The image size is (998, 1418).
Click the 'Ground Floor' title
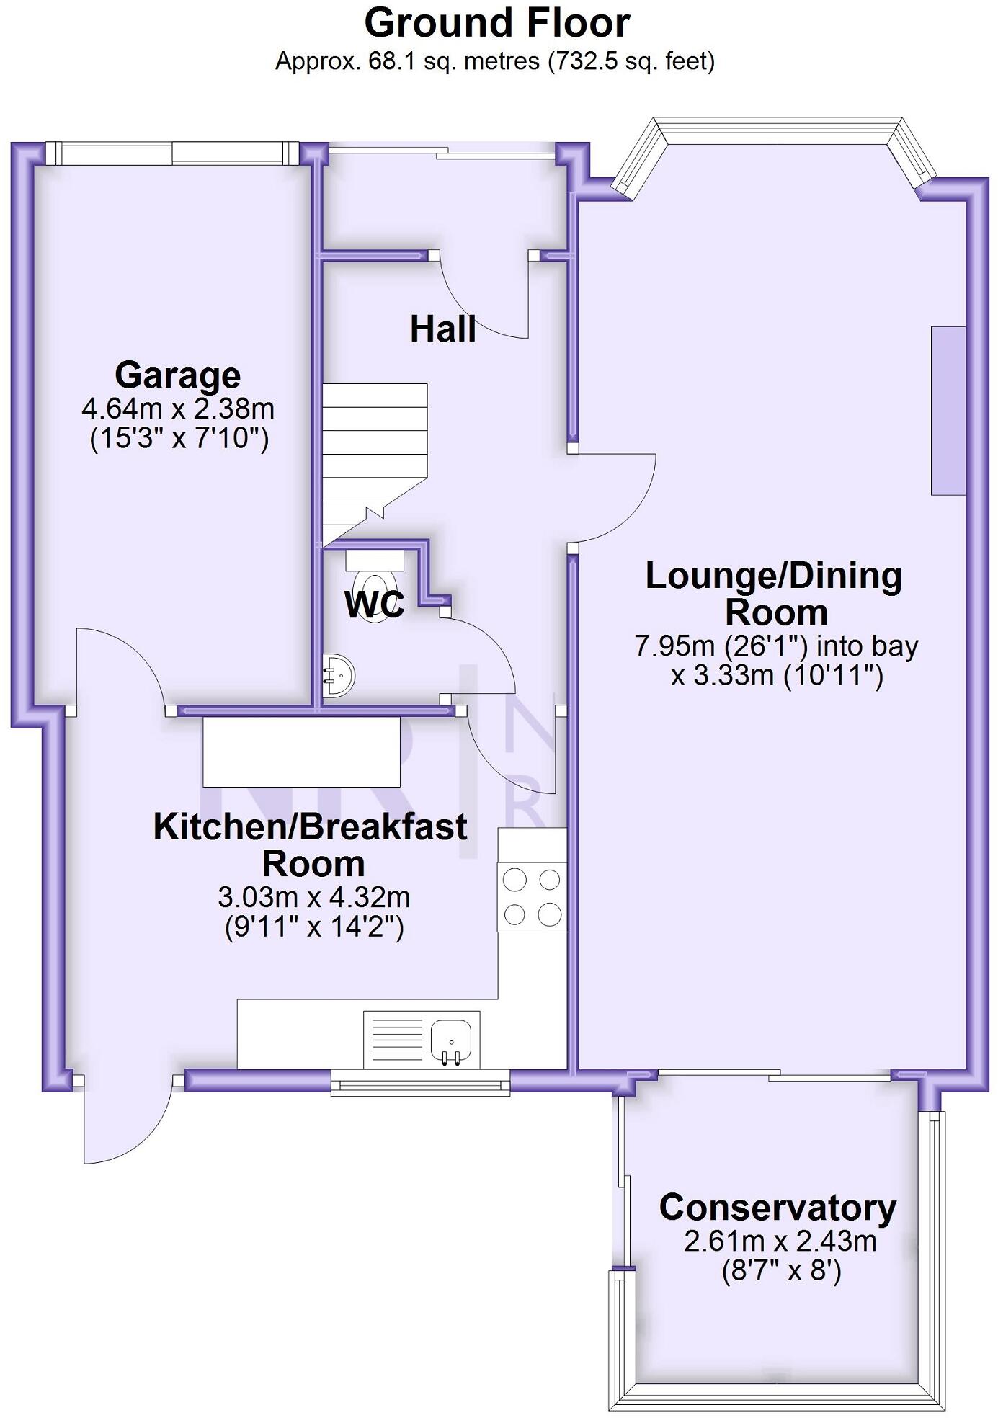coord(497,23)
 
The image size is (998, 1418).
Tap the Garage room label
coord(177,375)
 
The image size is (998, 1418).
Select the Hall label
coord(443,329)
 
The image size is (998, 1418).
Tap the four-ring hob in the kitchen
coord(533,897)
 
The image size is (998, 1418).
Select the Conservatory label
coord(778,1208)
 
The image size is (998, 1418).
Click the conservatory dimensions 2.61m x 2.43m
coord(780,1241)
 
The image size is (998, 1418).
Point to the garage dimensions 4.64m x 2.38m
coord(178,409)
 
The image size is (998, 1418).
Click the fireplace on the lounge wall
coord(948,411)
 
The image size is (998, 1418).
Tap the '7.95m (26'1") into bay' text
coord(776,646)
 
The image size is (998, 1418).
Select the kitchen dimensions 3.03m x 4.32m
coord(314,898)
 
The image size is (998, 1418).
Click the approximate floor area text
coord(495,61)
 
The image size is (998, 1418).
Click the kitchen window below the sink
coord(420,1082)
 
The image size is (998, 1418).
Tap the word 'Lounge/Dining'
coord(774,576)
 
